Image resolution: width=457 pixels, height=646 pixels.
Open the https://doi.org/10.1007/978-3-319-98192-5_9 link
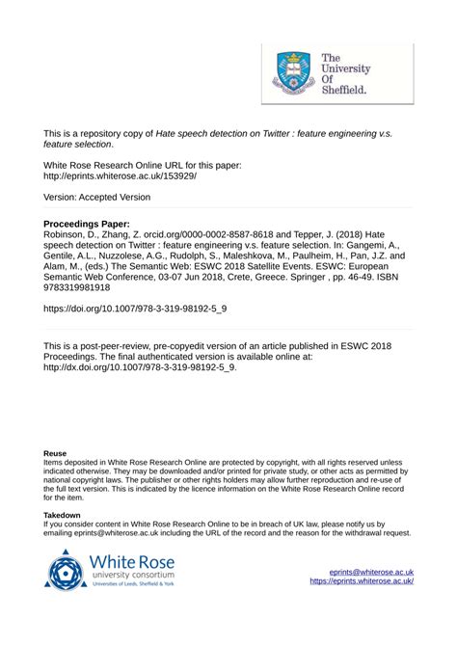(x=136, y=311)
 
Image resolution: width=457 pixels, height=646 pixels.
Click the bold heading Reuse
(x=55, y=452)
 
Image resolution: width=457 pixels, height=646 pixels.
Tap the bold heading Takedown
(x=62, y=516)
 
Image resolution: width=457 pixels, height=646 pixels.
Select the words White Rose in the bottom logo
(x=133, y=563)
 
